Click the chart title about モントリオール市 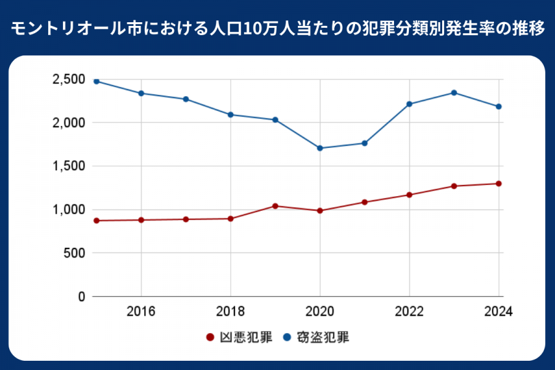pos(277,28)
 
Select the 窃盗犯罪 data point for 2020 pos(320,148)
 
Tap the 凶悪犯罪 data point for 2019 pos(275,206)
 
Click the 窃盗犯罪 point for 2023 pos(454,92)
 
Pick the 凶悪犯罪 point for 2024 pos(498,184)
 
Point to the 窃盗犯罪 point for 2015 pos(96,81)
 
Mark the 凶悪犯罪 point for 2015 pos(96,221)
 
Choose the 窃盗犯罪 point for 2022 pos(409,104)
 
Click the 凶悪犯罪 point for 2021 pos(364,202)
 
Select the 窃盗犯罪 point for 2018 pos(231,115)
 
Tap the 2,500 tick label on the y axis pos(68,80)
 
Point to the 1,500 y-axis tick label pos(68,166)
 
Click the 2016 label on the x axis pos(141,311)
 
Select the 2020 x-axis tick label pos(320,311)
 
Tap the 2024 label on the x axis pos(498,311)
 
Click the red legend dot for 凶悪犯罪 pos(209,338)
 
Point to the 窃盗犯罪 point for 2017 pos(186,99)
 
